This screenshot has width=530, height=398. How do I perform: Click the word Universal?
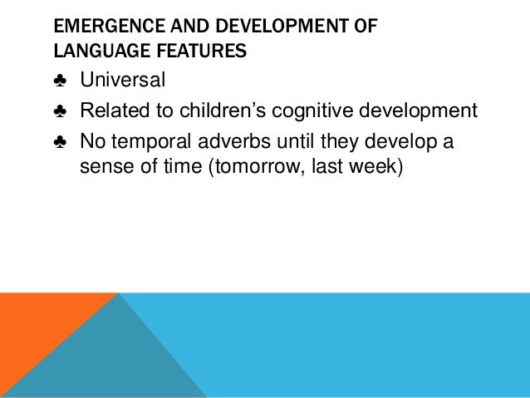point(123,81)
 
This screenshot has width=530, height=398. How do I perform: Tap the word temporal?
point(150,141)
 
